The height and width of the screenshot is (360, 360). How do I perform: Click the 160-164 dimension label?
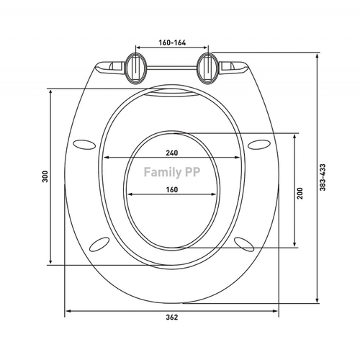point(172,42)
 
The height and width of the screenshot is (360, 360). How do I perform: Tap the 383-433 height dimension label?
point(323,177)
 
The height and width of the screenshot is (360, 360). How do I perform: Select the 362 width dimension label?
point(172,318)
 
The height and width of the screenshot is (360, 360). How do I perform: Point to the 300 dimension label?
point(45,176)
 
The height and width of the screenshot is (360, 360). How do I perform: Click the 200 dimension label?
point(300,194)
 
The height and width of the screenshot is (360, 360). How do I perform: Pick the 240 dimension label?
point(172,153)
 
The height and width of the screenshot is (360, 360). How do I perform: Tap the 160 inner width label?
point(172,189)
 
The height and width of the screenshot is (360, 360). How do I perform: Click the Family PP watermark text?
point(172,172)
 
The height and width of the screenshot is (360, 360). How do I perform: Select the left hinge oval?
point(135,68)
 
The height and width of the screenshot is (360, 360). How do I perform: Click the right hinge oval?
point(208,68)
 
